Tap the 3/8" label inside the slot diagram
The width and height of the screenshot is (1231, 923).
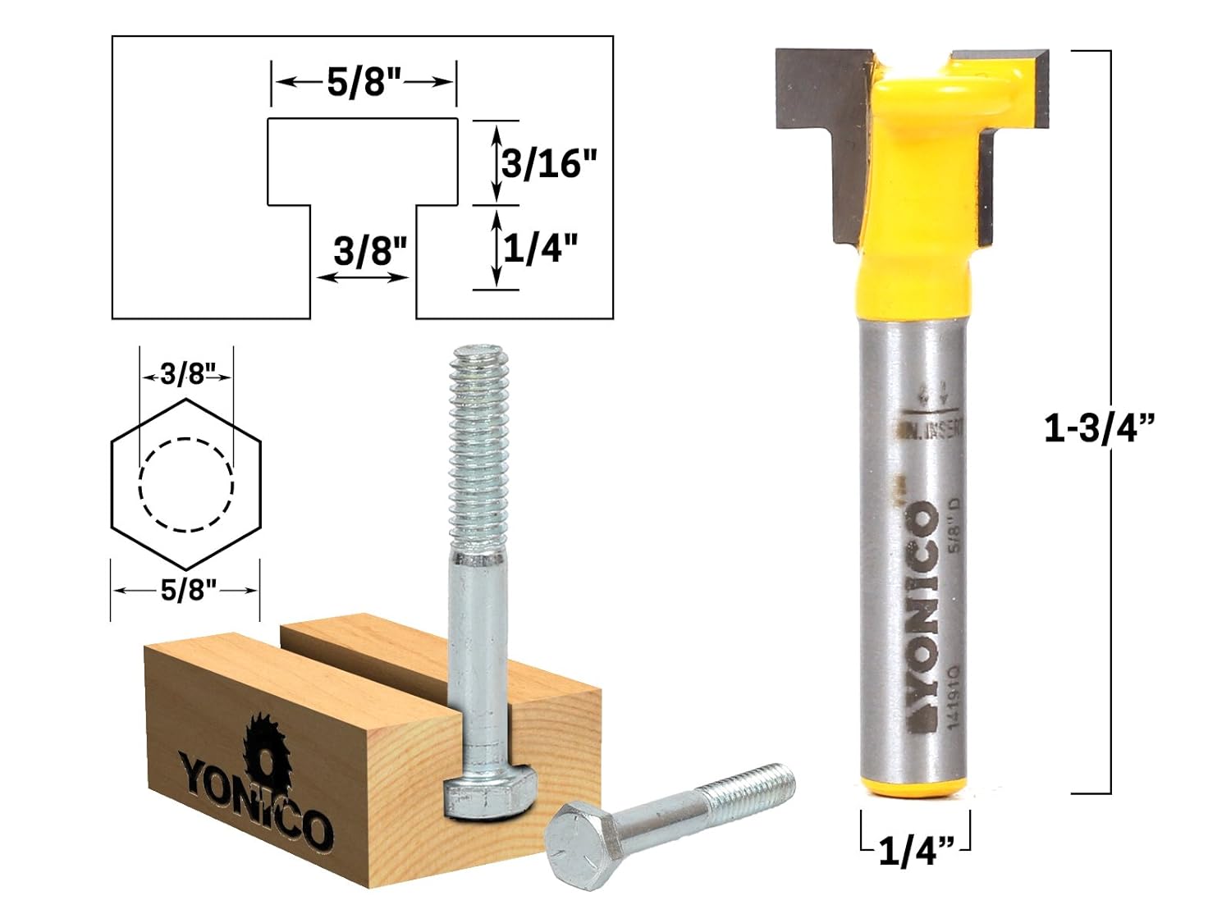pyautogui.click(x=369, y=249)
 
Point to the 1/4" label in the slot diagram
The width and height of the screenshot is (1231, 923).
pyautogui.click(x=539, y=247)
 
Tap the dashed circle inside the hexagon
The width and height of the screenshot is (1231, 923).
pyautogui.click(x=186, y=486)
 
